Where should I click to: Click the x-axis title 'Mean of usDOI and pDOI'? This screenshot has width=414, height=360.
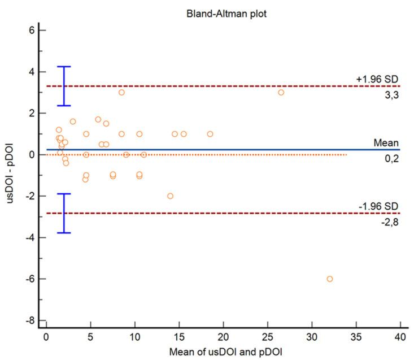coord(222,353)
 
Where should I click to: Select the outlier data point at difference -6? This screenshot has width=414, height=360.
coord(329,279)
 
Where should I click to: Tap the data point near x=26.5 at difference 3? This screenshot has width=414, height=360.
coord(281,92)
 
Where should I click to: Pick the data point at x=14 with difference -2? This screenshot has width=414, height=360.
coord(170,196)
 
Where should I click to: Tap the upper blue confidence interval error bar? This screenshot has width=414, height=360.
coord(64,86)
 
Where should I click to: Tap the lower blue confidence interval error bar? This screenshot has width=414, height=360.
coord(64,213)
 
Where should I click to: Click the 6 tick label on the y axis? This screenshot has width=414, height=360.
coord(34,31)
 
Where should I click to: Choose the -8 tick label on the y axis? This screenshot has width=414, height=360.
coord(33,320)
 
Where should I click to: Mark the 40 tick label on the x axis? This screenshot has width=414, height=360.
coord(400,338)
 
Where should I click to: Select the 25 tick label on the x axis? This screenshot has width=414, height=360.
coord(267,338)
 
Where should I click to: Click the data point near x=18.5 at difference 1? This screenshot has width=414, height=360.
coord(210,134)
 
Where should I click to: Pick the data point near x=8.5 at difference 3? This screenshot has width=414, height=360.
coord(121,92)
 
